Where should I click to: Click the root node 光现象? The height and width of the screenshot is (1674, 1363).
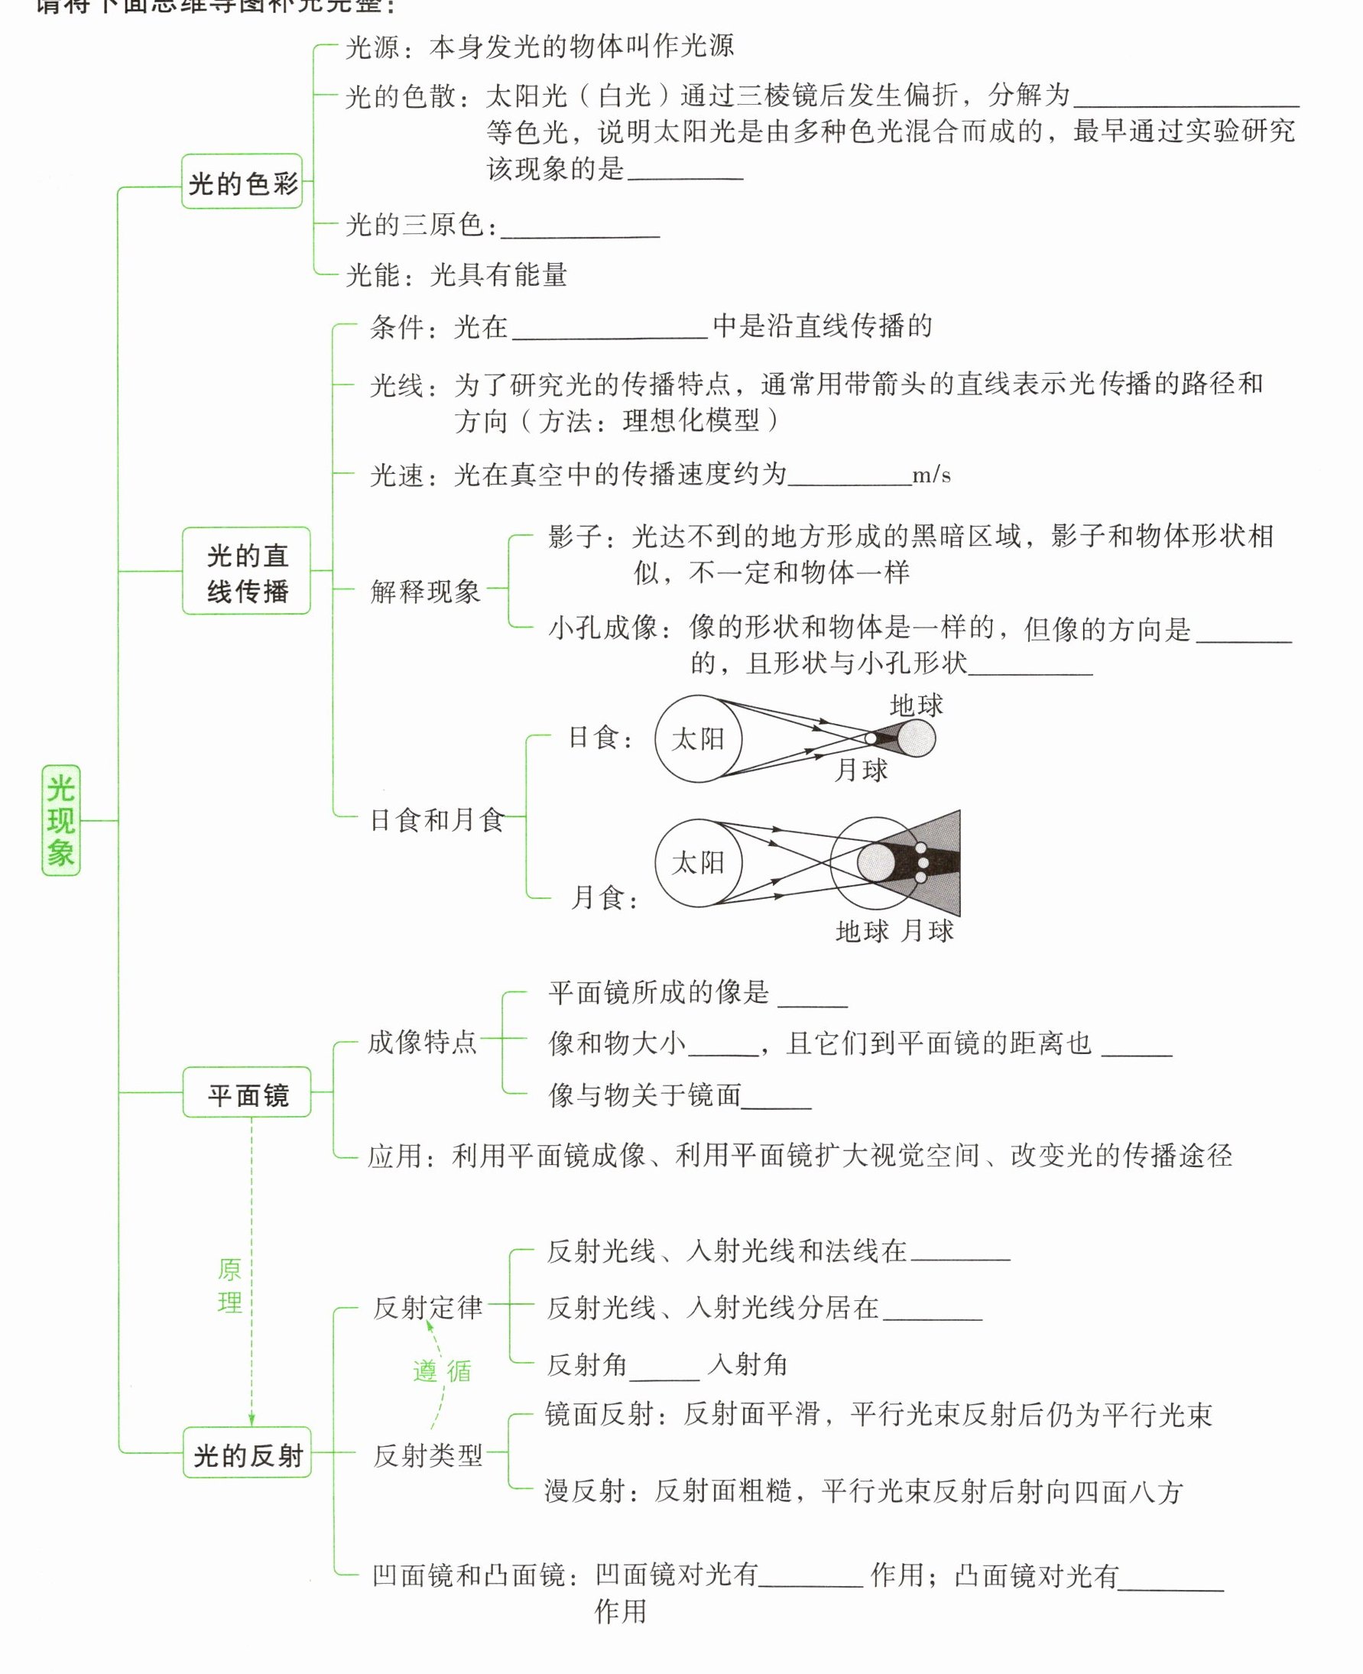coord(60,820)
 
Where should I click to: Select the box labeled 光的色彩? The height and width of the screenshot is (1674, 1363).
coord(242,182)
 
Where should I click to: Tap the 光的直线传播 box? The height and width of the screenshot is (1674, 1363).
coord(247,571)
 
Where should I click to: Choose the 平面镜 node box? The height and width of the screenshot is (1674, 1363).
coord(248,1093)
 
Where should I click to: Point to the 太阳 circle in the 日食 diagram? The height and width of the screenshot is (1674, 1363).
coord(698,739)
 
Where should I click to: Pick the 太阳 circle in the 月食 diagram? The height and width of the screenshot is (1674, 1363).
coord(698,862)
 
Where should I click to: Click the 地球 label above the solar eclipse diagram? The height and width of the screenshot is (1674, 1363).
coord(917,705)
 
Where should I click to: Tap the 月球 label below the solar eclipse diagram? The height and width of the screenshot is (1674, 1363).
coord(861,770)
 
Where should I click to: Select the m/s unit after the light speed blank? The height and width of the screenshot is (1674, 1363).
coord(931,475)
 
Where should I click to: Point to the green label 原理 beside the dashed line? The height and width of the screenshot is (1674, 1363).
coord(229,1286)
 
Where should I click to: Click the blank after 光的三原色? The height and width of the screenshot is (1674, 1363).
coord(580,228)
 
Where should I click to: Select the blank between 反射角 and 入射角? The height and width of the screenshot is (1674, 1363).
coord(664,1367)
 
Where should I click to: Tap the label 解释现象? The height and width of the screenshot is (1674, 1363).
coord(425,591)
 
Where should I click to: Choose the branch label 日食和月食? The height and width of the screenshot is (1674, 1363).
coord(436,819)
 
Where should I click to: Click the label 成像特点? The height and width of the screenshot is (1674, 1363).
coord(423,1042)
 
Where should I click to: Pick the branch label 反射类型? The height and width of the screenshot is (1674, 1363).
coord(428,1455)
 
